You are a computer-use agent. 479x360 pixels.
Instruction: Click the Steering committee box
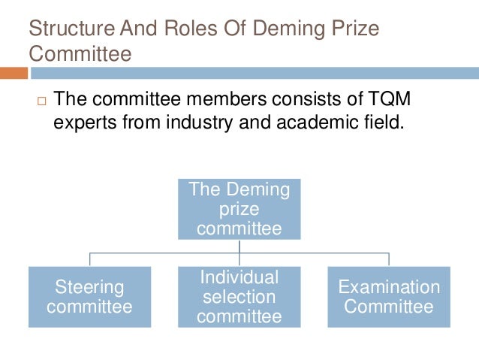(x=89, y=297)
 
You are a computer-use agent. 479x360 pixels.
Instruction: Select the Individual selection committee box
(x=239, y=297)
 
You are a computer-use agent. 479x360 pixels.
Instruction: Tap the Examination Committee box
(x=388, y=297)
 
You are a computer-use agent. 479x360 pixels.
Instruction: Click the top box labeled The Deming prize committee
(x=239, y=209)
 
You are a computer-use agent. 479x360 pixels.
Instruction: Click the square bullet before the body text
(x=41, y=101)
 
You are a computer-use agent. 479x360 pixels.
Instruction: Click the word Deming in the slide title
(x=286, y=30)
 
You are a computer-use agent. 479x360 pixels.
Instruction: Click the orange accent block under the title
(x=14, y=73)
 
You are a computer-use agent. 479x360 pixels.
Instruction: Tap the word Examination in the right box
(x=388, y=287)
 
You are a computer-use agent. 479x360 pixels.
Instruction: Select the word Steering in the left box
(x=89, y=287)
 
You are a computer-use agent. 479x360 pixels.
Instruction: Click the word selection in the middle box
(x=239, y=297)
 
